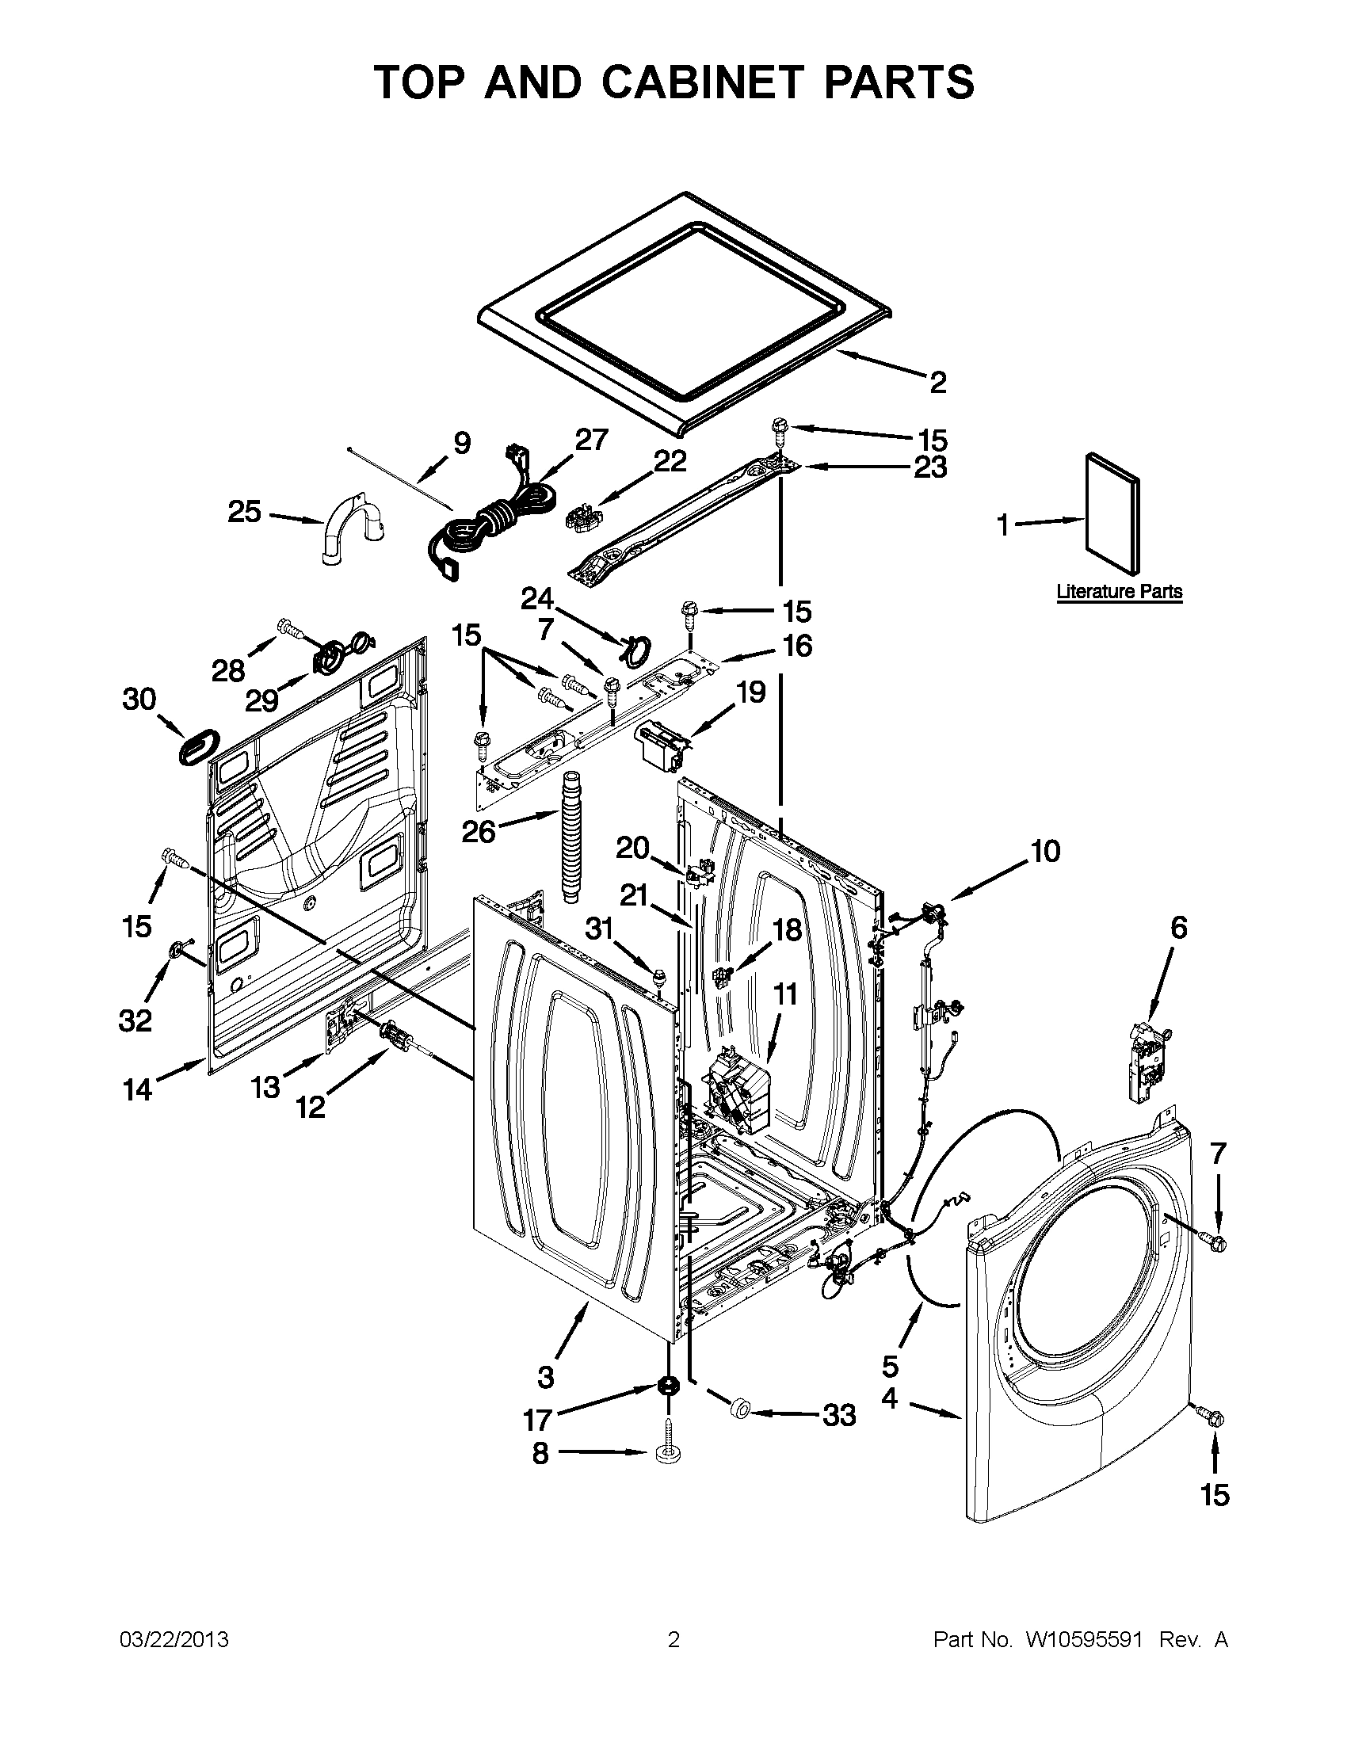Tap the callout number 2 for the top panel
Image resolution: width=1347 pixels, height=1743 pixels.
[x=937, y=383]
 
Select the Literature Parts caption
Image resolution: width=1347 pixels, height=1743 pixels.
[x=1119, y=591]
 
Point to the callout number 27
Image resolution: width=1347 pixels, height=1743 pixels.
[x=591, y=440]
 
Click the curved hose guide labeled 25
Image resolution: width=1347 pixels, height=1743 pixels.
[x=351, y=530]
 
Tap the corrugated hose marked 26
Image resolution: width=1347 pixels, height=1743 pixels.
[x=570, y=837]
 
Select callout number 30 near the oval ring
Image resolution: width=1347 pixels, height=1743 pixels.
[x=139, y=699]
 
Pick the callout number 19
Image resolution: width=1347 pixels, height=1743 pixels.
[x=750, y=692]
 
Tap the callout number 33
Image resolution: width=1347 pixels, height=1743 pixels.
[x=838, y=1415]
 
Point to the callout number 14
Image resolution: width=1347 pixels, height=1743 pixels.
[x=137, y=1089]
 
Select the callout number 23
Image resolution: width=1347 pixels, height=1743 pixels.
[x=930, y=467]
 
